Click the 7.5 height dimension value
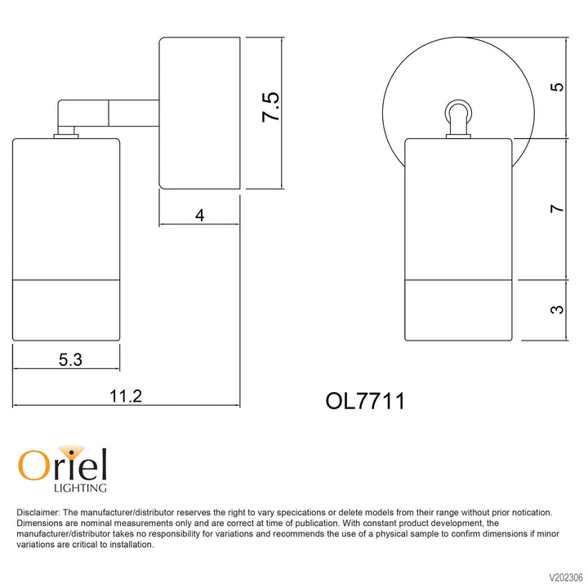(270, 107)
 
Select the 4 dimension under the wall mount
(200, 216)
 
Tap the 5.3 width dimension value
(70, 359)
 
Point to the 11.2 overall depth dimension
(126, 396)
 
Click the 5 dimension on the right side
(557, 87)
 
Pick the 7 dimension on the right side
(557, 208)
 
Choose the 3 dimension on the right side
(557, 310)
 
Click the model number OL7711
(365, 401)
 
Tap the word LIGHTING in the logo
(80, 488)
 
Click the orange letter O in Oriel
(33, 465)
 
